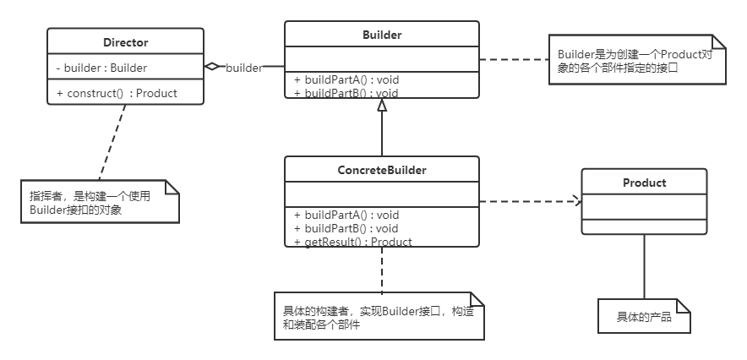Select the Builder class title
point(382,35)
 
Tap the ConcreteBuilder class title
point(382,170)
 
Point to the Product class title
point(644,183)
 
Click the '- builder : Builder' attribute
point(101,68)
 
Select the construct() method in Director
point(117,93)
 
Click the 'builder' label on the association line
point(243,68)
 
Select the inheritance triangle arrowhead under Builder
point(382,104)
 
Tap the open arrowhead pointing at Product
point(577,201)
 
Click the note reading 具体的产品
point(644,317)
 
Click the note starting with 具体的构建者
point(378,318)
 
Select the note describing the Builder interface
point(635,60)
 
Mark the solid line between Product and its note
point(644,266)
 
